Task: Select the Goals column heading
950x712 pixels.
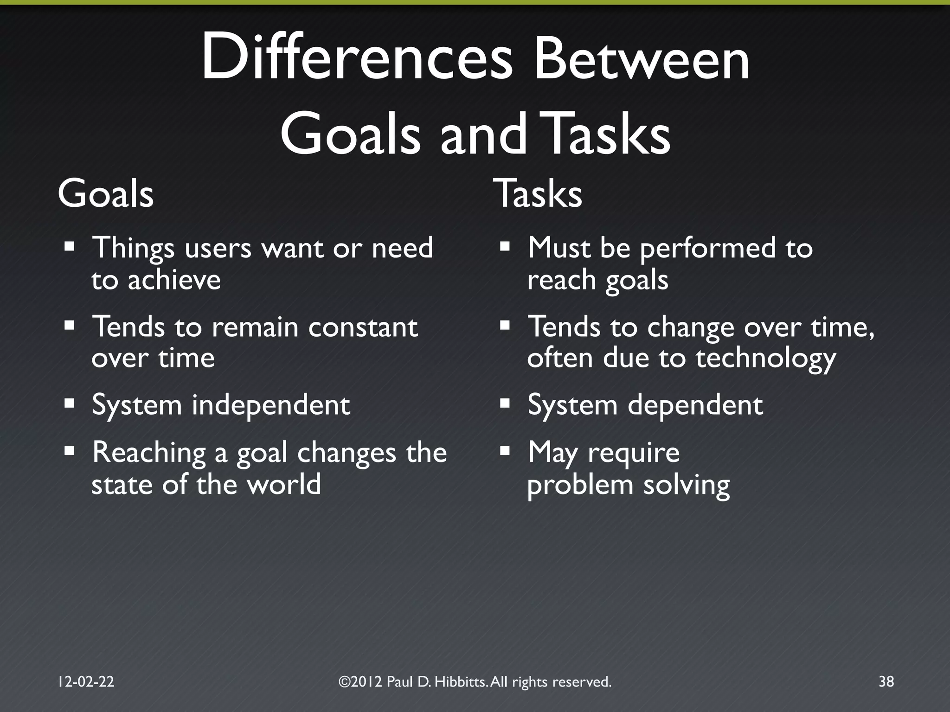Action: [x=106, y=194]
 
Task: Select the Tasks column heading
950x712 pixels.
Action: [x=538, y=194]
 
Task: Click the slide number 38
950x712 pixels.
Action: [x=886, y=681]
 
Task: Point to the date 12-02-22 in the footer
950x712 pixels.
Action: [x=86, y=681]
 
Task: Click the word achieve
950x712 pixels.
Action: [x=174, y=280]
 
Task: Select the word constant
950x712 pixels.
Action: [x=363, y=327]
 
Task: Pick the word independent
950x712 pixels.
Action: [x=271, y=405]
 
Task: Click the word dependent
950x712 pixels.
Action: [x=695, y=405]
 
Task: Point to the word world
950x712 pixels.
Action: [x=283, y=484]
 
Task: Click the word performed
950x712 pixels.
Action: [x=707, y=249]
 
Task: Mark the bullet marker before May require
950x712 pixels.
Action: [x=505, y=450]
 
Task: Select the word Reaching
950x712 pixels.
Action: [x=149, y=453]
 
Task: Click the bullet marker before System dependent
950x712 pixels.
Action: [x=505, y=403]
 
